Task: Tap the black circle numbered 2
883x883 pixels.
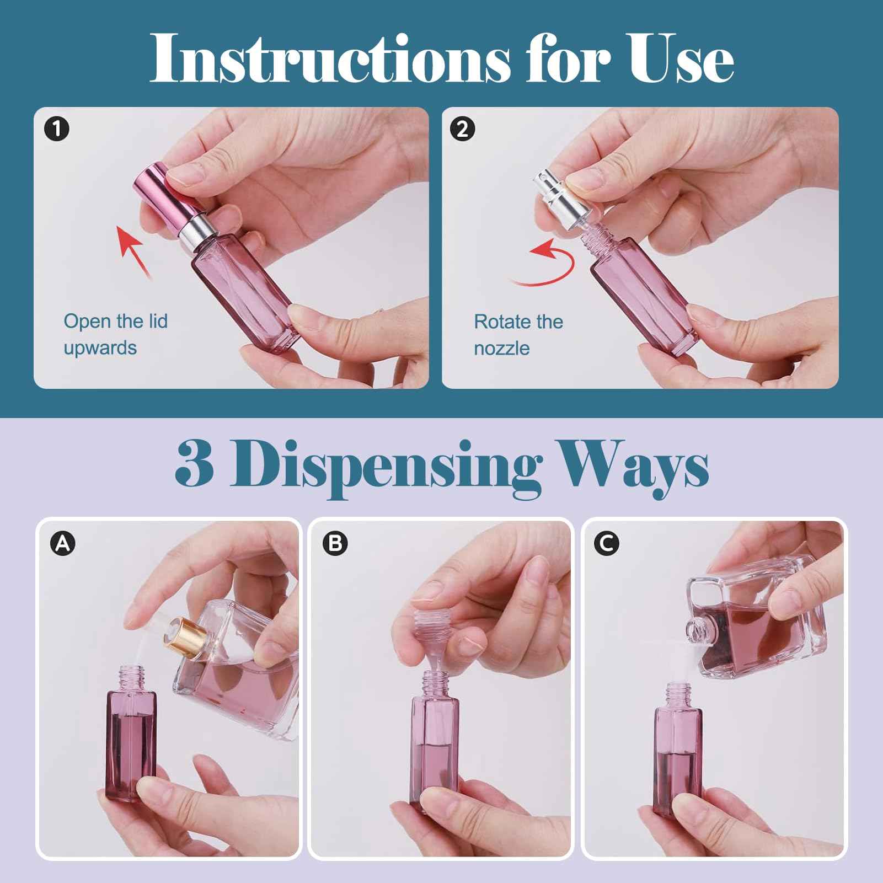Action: tap(462, 129)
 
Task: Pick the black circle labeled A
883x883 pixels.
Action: tap(62, 544)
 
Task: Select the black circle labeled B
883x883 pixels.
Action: tap(335, 544)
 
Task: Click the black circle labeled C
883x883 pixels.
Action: tap(606, 544)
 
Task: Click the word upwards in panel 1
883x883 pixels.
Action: tap(100, 349)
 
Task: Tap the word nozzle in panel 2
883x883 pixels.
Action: tap(501, 349)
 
